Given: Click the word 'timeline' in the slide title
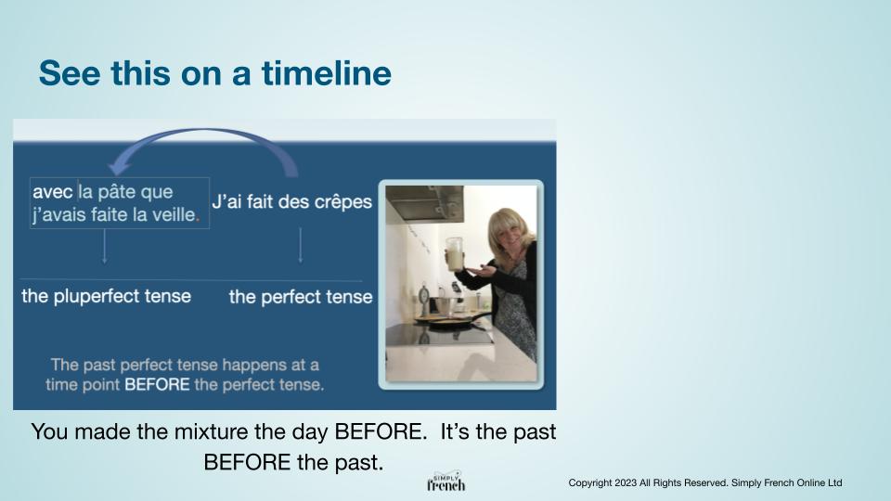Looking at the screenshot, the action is click(326, 73).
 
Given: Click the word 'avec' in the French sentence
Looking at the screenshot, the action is click(52, 192).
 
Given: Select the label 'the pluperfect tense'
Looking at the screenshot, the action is click(106, 296).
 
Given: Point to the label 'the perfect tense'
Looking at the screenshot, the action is click(301, 297).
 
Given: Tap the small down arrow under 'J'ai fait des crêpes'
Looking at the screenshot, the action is click(301, 245).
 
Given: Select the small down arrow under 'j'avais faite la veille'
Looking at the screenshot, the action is click(105, 245).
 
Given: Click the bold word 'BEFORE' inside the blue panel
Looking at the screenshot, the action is click(157, 384).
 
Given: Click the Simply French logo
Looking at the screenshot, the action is click(446, 482).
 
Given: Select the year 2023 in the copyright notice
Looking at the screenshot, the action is click(626, 482).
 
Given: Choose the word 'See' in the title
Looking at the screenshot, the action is click(70, 73).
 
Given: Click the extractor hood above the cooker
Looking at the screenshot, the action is click(424, 203).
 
